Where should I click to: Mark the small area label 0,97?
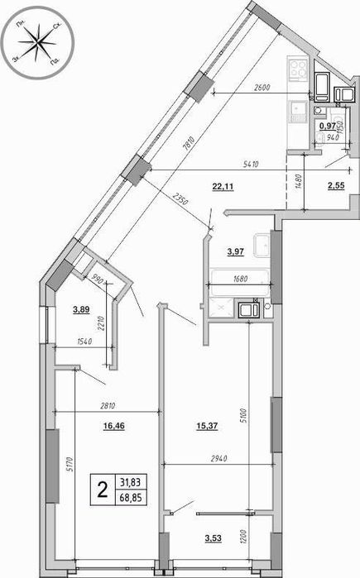click(x=328, y=127)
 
